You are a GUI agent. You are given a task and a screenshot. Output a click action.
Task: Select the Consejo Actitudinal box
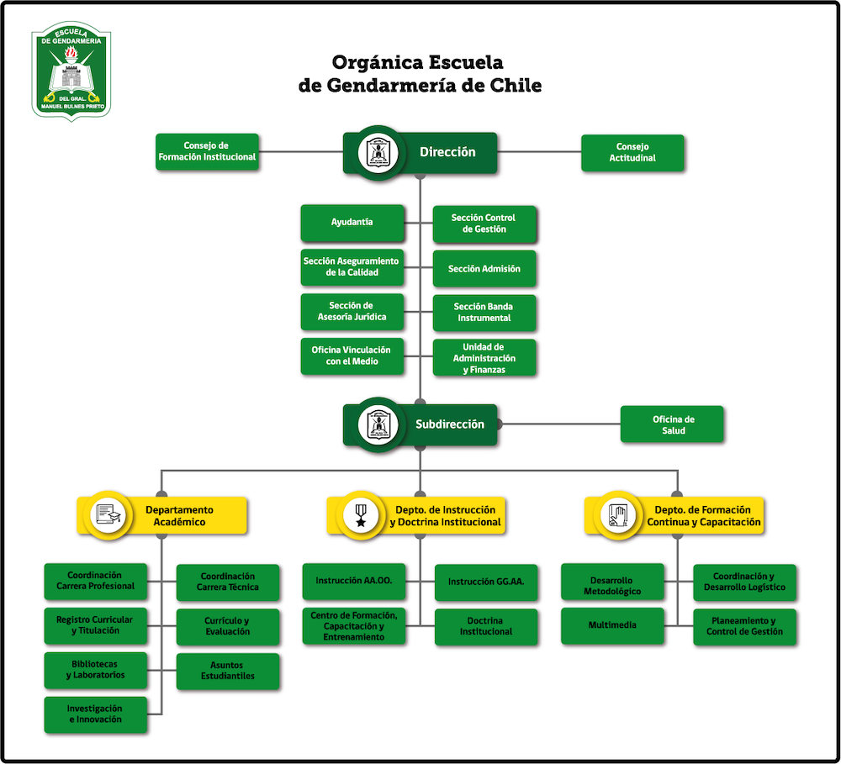(632, 153)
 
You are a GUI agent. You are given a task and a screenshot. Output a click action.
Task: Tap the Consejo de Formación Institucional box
(207, 151)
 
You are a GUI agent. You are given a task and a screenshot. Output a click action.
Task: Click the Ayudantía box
(352, 223)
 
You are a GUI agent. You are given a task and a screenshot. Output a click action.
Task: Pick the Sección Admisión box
(484, 269)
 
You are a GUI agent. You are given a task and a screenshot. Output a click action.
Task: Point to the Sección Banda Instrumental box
(484, 313)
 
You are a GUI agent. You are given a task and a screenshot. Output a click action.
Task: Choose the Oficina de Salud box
(673, 424)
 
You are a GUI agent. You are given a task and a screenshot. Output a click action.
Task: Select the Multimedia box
(612, 625)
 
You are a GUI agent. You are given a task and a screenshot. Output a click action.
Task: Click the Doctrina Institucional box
(485, 626)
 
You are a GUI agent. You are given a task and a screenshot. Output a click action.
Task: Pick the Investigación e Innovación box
(95, 714)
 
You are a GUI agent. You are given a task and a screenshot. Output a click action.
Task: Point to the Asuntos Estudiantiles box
(227, 671)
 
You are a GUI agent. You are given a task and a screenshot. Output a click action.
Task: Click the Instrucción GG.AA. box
(485, 582)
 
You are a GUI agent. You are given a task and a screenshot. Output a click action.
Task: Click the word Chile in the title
(516, 85)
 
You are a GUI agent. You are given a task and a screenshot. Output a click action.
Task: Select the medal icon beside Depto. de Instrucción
(361, 515)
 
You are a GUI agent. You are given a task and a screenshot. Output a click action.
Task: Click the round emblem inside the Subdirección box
(378, 424)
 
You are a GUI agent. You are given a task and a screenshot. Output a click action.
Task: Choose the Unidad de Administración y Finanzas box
(484, 358)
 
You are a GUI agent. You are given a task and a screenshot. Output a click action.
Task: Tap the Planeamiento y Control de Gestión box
(744, 627)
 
